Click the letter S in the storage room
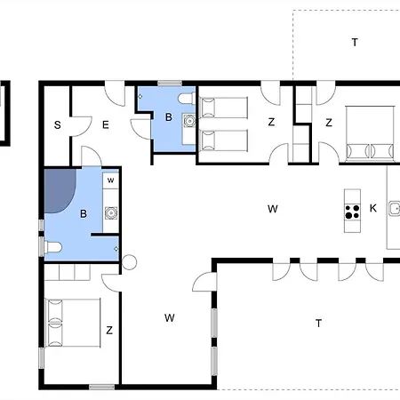(x=58, y=125)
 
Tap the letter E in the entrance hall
(x=106, y=125)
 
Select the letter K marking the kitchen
(x=373, y=208)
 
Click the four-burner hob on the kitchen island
(x=352, y=212)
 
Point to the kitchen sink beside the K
(x=395, y=208)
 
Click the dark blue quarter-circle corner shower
(x=60, y=191)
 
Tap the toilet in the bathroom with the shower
(x=52, y=247)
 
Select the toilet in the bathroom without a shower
(x=187, y=99)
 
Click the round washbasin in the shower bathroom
(x=111, y=213)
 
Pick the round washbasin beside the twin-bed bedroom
(x=189, y=121)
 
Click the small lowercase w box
(x=111, y=180)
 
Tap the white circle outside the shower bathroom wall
(x=129, y=262)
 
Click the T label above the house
(x=355, y=43)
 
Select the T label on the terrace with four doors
(x=318, y=323)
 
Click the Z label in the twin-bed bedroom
(x=271, y=122)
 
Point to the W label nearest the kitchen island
(x=273, y=209)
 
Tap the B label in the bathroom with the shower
(x=84, y=213)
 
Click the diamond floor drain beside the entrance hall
(x=140, y=96)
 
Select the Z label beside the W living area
(x=109, y=330)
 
